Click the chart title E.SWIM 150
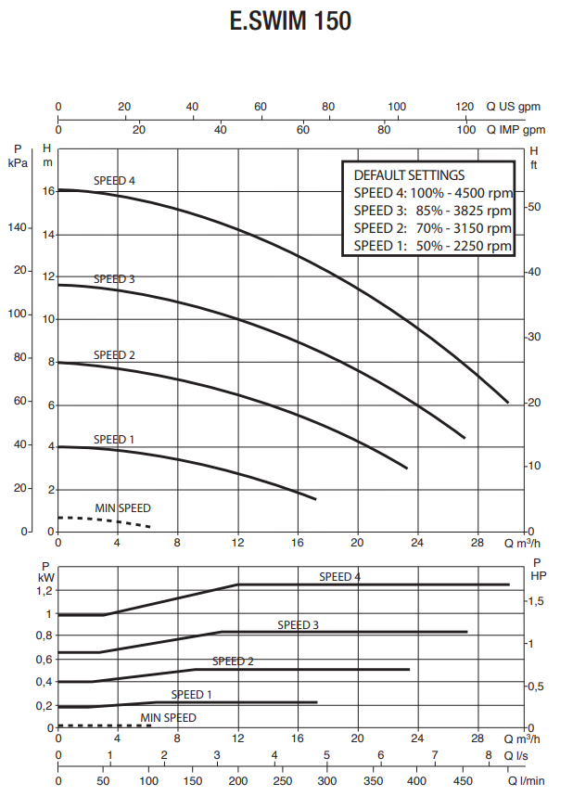click(x=290, y=21)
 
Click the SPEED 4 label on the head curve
click(x=115, y=180)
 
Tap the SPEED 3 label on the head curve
click(x=114, y=278)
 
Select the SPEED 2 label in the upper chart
click(x=114, y=354)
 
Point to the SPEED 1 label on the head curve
click(x=114, y=439)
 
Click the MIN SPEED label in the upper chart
click(x=122, y=508)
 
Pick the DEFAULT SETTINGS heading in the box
click(x=409, y=174)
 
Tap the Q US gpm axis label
click(x=513, y=107)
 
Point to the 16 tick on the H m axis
click(x=49, y=190)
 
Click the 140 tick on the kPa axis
click(x=19, y=226)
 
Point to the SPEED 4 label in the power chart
click(x=339, y=576)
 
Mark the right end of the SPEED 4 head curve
click(x=508, y=402)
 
